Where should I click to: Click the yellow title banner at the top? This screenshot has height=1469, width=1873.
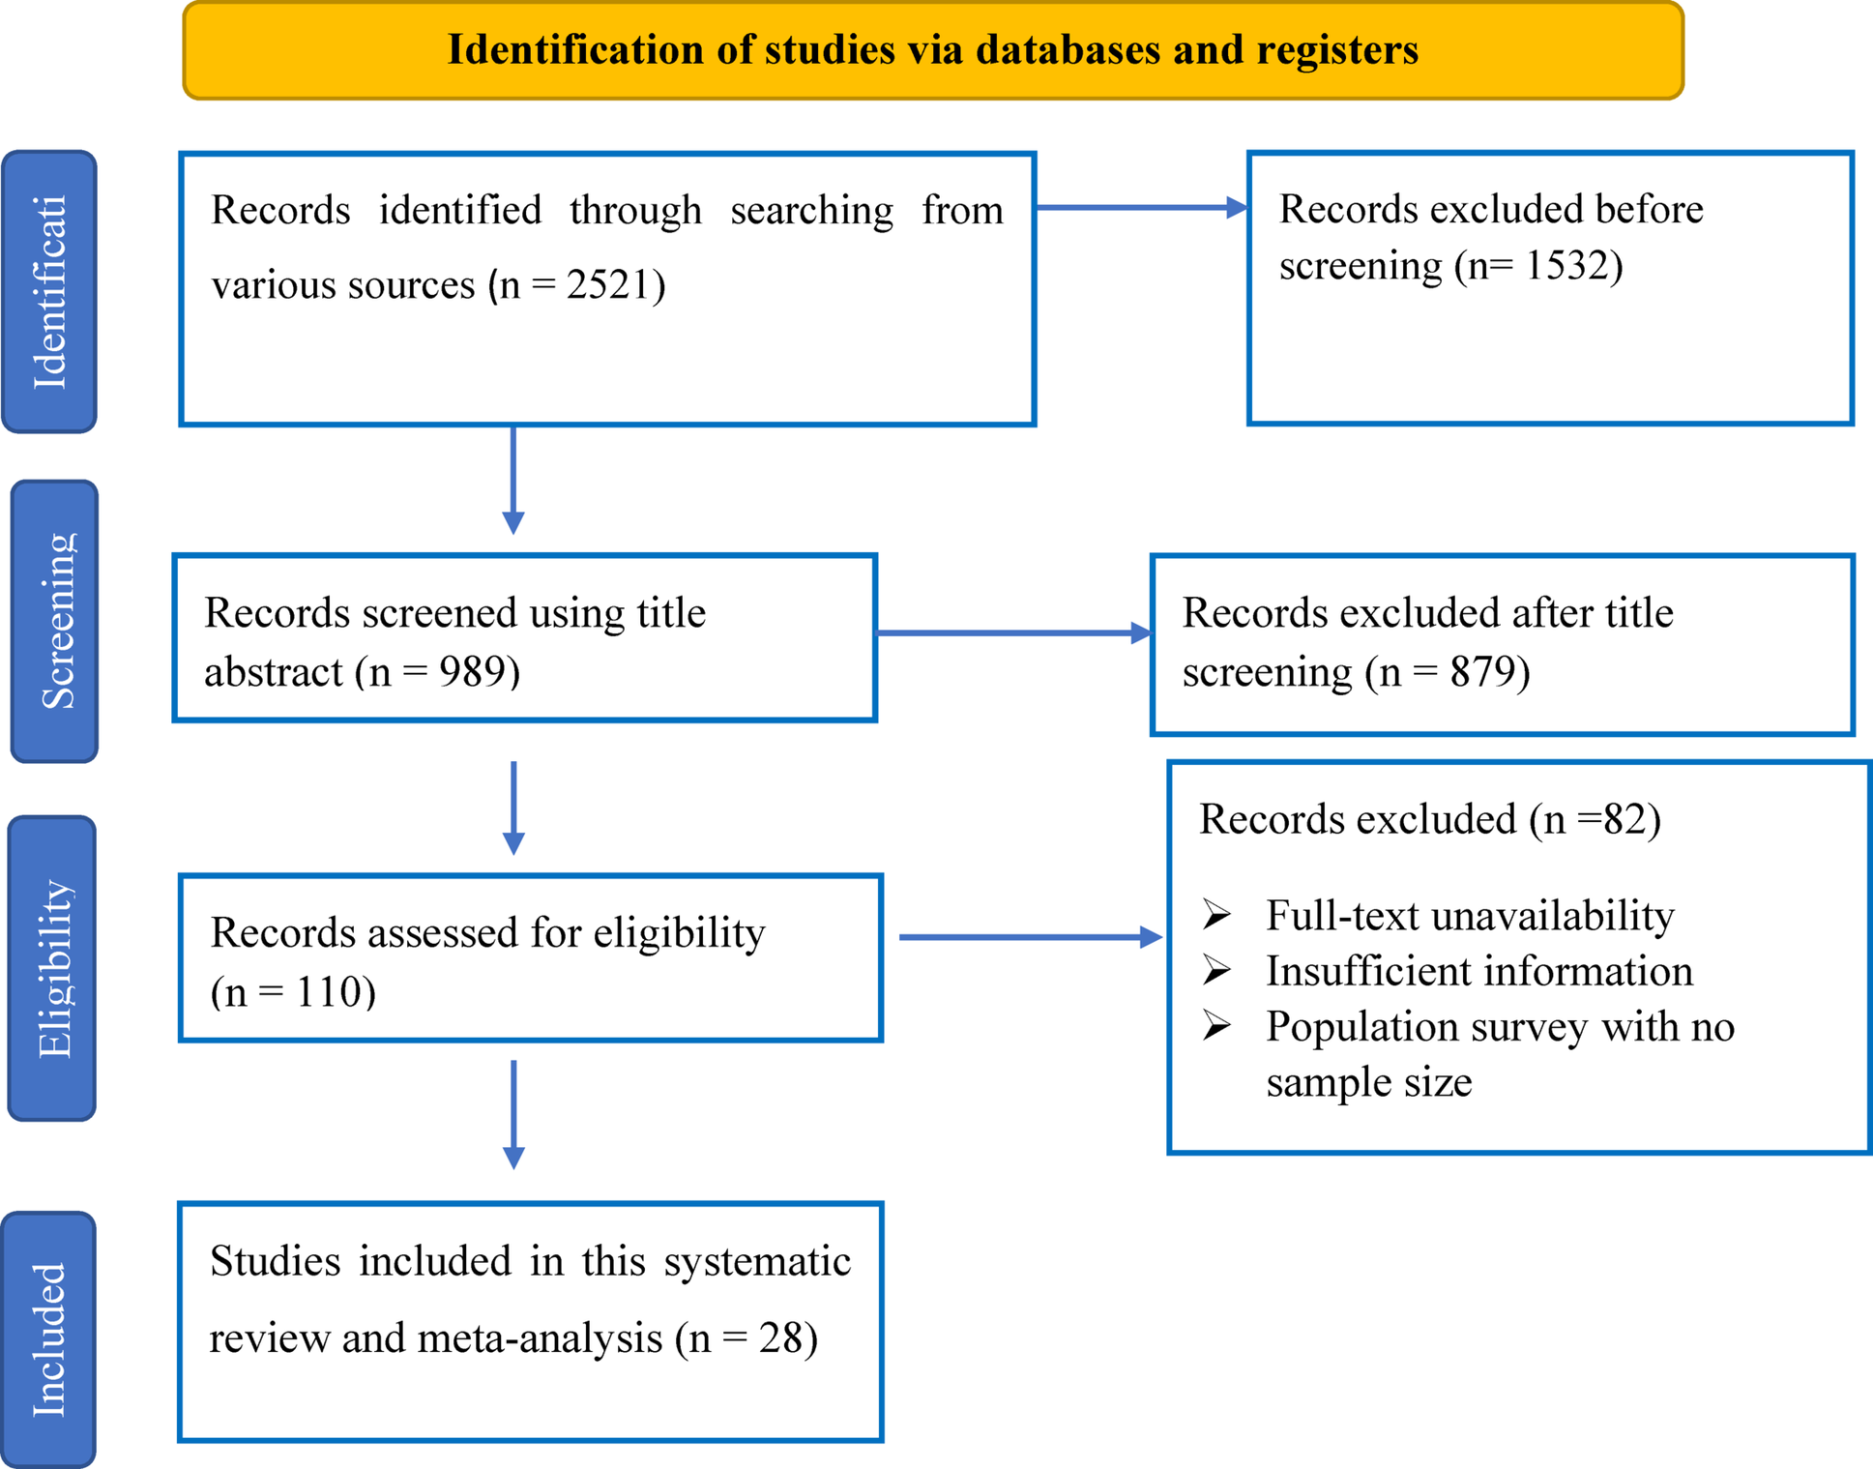pyautogui.click(x=933, y=49)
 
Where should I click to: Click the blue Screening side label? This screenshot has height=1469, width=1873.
pyautogui.click(x=55, y=622)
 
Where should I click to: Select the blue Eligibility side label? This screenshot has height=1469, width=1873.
pyautogui.click(x=52, y=968)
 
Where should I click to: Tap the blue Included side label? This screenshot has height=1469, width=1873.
pyautogui.click(x=48, y=1340)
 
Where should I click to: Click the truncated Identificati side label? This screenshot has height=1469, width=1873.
pyautogui.click(x=49, y=291)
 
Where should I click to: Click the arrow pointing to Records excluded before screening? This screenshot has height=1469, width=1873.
pyautogui.click(x=1142, y=207)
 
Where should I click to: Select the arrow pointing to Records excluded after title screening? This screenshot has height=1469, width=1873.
pyautogui.click(x=1014, y=633)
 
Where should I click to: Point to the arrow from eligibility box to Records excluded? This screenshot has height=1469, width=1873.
pyautogui.click(x=1031, y=937)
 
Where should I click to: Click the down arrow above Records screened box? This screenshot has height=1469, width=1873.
pyautogui.click(x=513, y=480)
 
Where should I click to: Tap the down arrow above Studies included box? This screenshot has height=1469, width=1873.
pyautogui.click(x=513, y=1115)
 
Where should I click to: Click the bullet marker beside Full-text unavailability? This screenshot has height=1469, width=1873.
pyautogui.click(x=1217, y=914)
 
